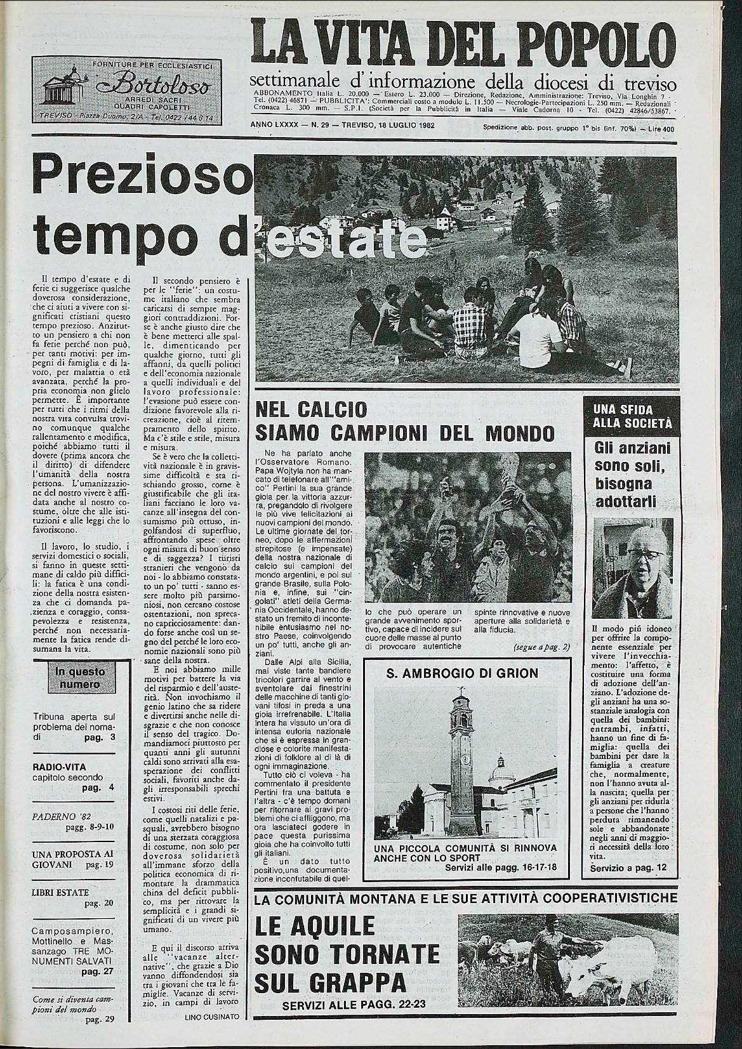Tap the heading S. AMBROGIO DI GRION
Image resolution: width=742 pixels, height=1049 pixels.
point(461,673)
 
